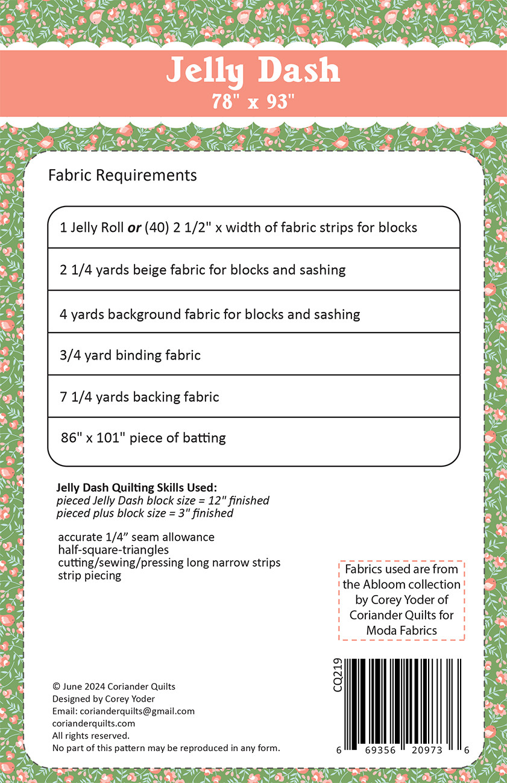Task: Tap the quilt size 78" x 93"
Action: point(253,101)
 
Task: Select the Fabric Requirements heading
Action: point(122,175)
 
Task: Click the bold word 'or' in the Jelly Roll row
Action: point(134,228)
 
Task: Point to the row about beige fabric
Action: point(203,270)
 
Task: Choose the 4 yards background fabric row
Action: point(210,314)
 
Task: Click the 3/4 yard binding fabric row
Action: point(130,355)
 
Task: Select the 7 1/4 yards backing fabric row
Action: point(139,397)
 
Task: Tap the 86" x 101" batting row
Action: point(143,437)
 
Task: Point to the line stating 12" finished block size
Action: point(163,501)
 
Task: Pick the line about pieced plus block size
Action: point(145,514)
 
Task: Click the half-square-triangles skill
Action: point(113,550)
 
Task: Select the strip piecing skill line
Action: point(90,575)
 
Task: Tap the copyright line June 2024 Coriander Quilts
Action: point(114,686)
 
